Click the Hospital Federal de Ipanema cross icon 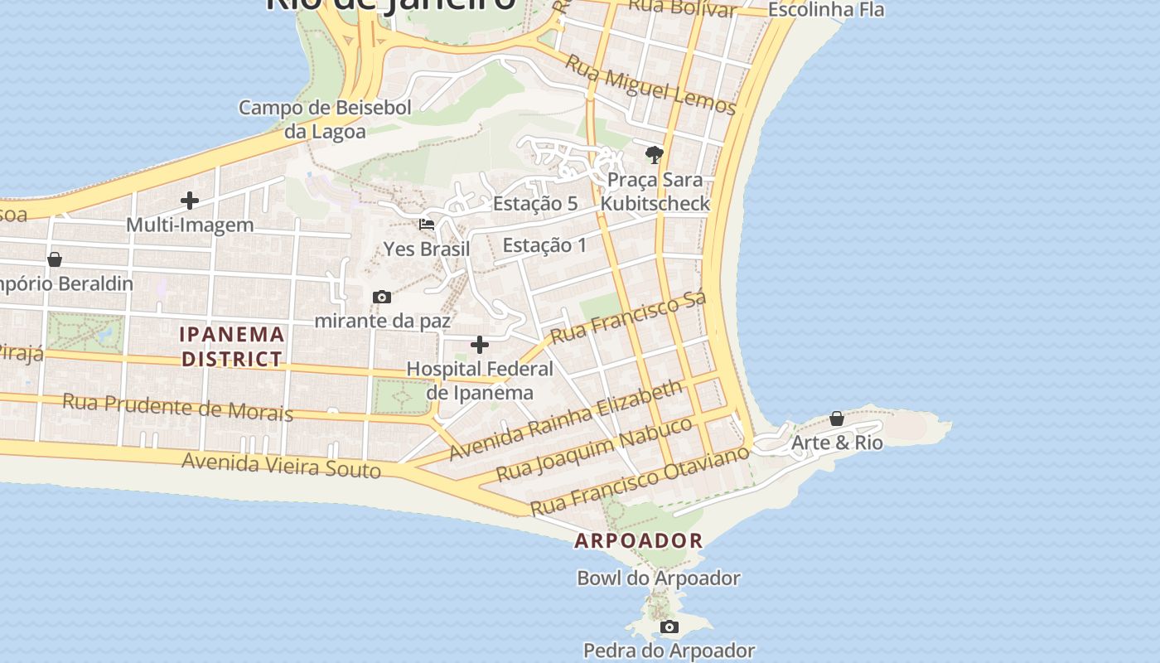[480, 345]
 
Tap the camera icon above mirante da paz [382, 297]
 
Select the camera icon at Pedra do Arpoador [669, 627]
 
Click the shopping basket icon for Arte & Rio [837, 419]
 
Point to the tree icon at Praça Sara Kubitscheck [655, 155]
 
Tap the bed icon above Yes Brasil [427, 225]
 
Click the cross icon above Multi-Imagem [190, 201]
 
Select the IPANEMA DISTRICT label [233, 346]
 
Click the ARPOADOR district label [639, 541]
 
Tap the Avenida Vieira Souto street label [282, 465]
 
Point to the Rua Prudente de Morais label [178, 407]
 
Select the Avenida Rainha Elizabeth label [566, 420]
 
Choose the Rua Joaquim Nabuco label [593, 449]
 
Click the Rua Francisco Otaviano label [640, 480]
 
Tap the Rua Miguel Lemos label [650, 85]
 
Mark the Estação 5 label [535, 203]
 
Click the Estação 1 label [544, 244]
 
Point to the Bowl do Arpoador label [659, 578]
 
